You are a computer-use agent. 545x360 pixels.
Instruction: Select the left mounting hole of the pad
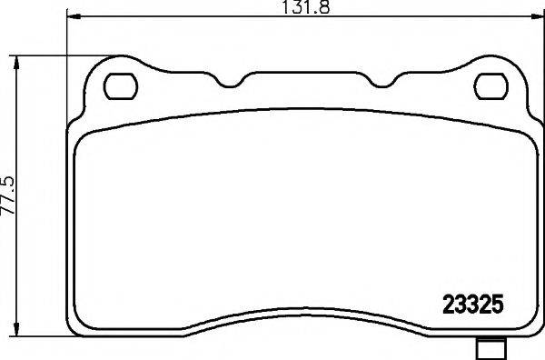pyautogui.click(x=118, y=86)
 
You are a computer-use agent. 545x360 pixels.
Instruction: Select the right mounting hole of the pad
pyautogui.click(x=492, y=86)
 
